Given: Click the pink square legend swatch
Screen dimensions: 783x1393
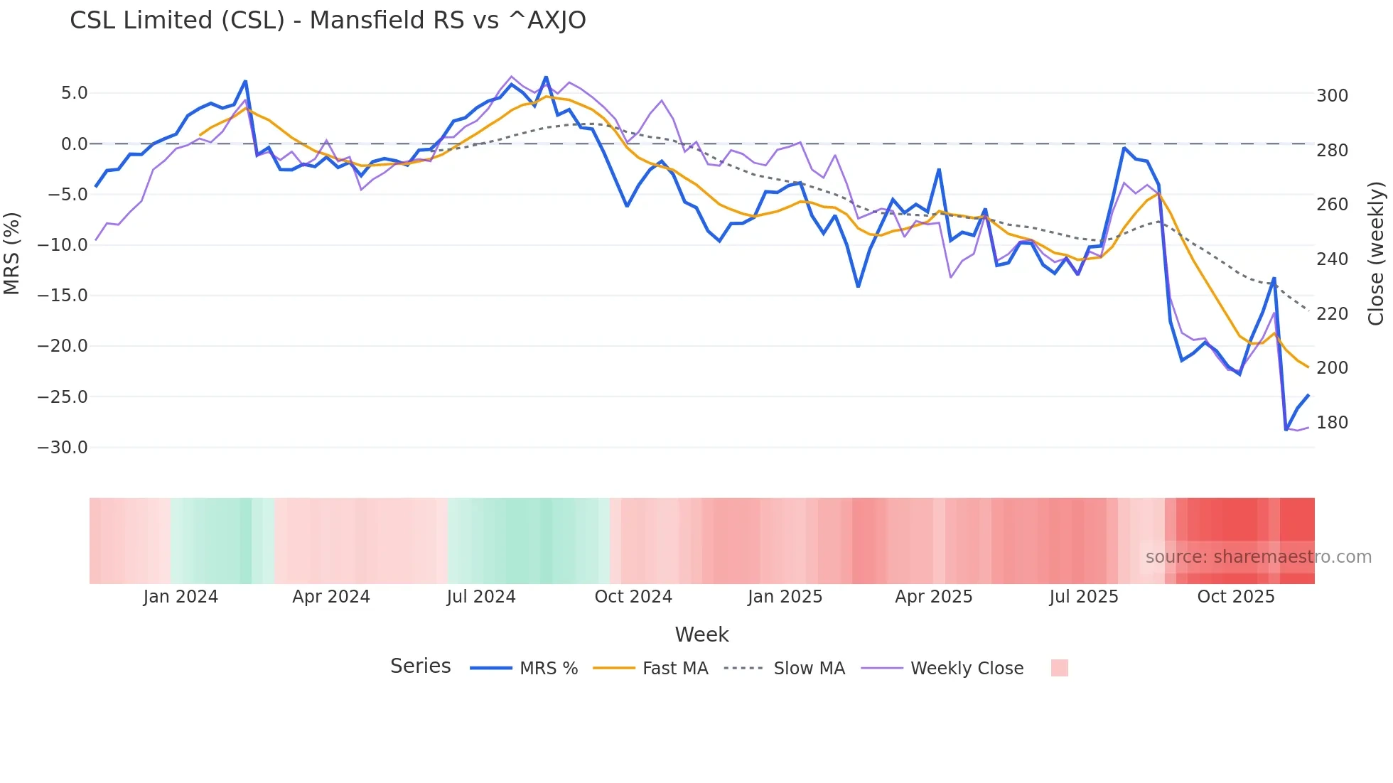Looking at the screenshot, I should click(x=1059, y=668).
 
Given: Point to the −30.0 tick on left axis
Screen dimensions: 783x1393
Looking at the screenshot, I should click(x=63, y=448).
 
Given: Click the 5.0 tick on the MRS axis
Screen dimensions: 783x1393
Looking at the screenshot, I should click(x=74, y=93).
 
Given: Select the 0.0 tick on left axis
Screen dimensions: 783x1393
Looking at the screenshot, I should click(x=74, y=144).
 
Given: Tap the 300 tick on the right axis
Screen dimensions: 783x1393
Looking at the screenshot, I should click(x=1332, y=96).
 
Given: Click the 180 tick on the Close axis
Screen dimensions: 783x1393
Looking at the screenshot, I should click(x=1332, y=423).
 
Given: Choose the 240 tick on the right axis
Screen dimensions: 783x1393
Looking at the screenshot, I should click(x=1332, y=259).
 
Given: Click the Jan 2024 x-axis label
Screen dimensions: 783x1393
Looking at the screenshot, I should click(x=181, y=597).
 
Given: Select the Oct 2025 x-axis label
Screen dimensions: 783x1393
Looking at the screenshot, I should click(x=1236, y=597).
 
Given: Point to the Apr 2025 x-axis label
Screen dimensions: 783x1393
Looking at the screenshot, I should click(x=933, y=597).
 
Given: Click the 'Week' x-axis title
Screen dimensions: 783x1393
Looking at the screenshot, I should click(x=701, y=634).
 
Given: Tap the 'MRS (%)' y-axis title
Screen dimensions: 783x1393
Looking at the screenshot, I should click(x=12, y=253).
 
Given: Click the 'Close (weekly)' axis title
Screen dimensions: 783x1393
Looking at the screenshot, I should click(x=1376, y=253).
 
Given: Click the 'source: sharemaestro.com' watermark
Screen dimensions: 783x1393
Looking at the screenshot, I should click(x=1258, y=557).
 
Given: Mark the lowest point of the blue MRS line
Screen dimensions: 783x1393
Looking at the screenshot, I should click(x=1286, y=430).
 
